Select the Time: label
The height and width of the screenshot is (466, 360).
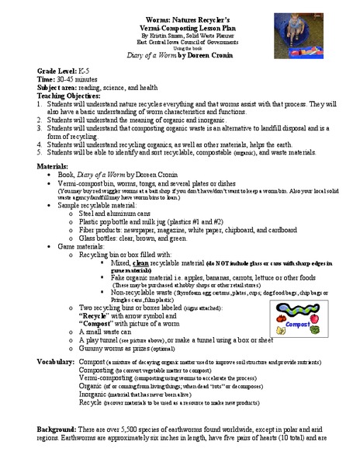pyautogui.click(x=47, y=78)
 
